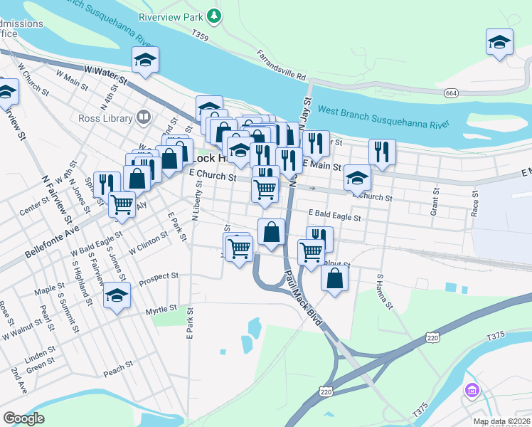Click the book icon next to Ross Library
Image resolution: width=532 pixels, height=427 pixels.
pyautogui.click(x=144, y=116)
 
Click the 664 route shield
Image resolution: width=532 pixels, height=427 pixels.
pyautogui.click(x=452, y=93)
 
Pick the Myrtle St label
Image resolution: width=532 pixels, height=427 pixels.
pyautogui.click(x=160, y=309)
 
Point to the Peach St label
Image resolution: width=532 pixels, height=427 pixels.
pyautogui.click(x=118, y=368)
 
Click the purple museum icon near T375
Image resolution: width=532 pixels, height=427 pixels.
pyautogui.click(x=471, y=390)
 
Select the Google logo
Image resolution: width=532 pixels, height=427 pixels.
pyautogui.click(x=23, y=418)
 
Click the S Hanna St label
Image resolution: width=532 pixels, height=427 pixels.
pyautogui.click(x=385, y=292)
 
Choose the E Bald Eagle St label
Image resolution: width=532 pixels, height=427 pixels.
pyautogui.click(x=335, y=214)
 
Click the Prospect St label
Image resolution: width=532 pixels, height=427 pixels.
pyautogui.click(x=159, y=276)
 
